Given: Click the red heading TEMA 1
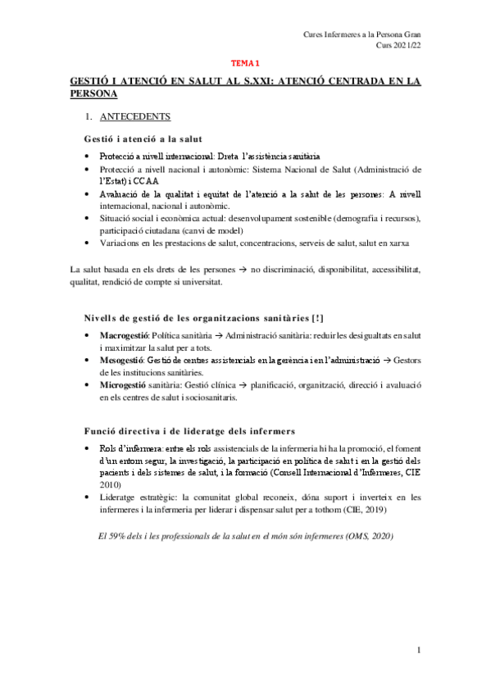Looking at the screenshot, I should tap(244, 62).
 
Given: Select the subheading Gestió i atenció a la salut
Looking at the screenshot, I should tap(143, 138).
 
